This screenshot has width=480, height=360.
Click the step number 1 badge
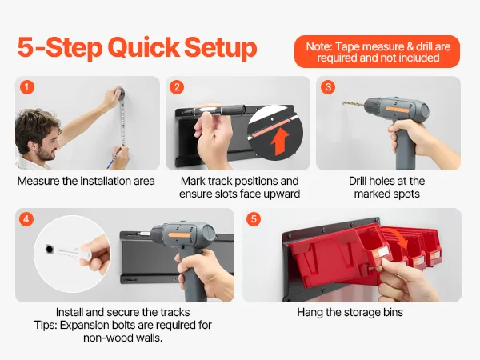[x=27, y=87]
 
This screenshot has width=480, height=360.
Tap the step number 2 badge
[x=177, y=87]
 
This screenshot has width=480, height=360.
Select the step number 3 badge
[x=328, y=87]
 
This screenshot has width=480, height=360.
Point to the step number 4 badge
[x=26, y=219]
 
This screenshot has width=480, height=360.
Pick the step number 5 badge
[x=254, y=219]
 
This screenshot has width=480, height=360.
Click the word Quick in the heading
[x=143, y=48]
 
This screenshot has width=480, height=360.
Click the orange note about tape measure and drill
[x=377, y=51]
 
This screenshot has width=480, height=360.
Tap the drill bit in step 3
[x=353, y=104]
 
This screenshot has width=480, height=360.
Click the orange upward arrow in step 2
[x=280, y=142]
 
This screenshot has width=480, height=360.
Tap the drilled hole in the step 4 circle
[x=49, y=249]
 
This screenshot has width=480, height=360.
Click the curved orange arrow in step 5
[x=395, y=236]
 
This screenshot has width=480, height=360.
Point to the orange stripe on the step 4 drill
[x=179, y=235]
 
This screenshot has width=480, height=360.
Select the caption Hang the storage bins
[x=350, y=312]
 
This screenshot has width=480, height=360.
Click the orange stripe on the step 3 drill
[x=398, y=110]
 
